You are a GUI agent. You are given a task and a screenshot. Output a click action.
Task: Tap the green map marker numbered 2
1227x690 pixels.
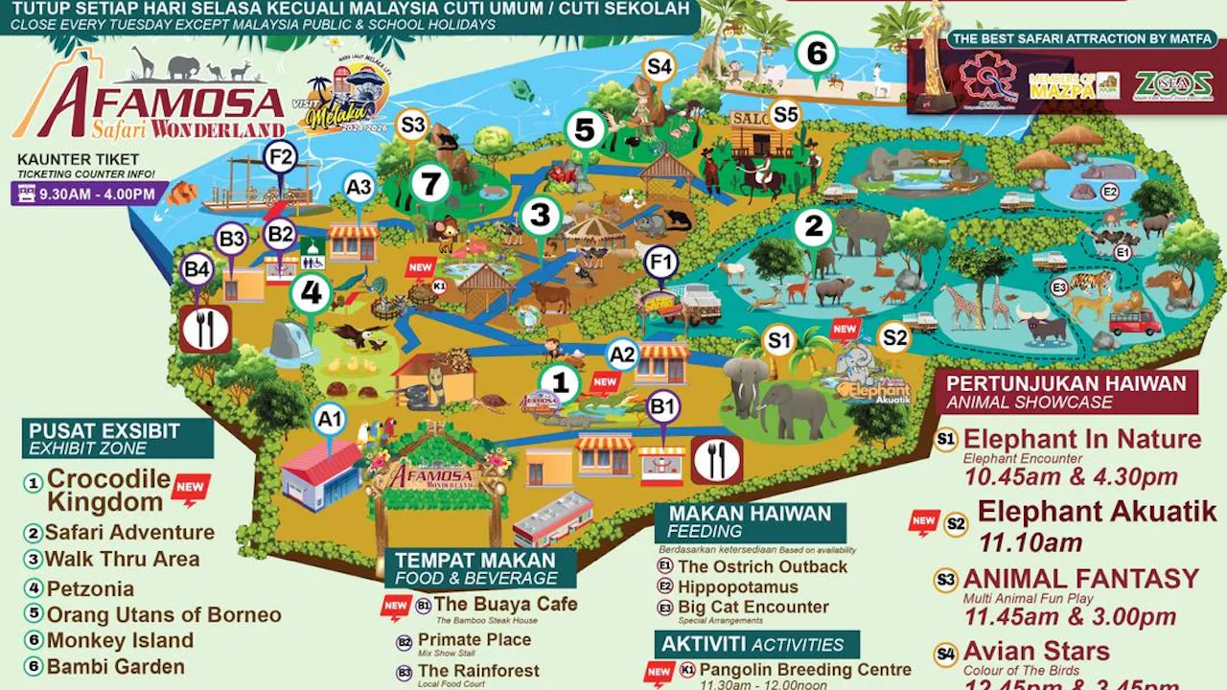[814, 228]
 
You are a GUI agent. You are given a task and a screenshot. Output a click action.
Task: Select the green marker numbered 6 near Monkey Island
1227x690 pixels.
[816, 54]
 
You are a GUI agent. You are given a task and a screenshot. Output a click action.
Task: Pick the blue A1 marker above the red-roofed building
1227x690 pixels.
[330, 418]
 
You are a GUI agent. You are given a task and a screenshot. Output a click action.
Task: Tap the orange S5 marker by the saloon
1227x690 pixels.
[784, 115]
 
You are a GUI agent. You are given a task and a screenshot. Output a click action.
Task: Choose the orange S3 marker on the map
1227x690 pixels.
[412, 125]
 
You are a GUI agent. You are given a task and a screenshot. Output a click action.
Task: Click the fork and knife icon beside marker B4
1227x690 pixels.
[204, 329]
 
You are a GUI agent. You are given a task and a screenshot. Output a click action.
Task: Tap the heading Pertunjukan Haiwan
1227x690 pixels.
[1066, 384]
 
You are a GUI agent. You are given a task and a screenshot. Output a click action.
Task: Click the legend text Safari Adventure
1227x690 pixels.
[130, 532]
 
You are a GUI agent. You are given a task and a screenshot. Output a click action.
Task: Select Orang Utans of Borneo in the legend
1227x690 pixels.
[164, 614]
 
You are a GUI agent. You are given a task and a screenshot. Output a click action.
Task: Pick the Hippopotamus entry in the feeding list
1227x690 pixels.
[738, 586]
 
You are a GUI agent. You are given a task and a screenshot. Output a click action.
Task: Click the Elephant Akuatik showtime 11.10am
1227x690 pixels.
[1017, 542]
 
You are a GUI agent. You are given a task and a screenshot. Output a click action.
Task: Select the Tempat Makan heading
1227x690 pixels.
[475, 561]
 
